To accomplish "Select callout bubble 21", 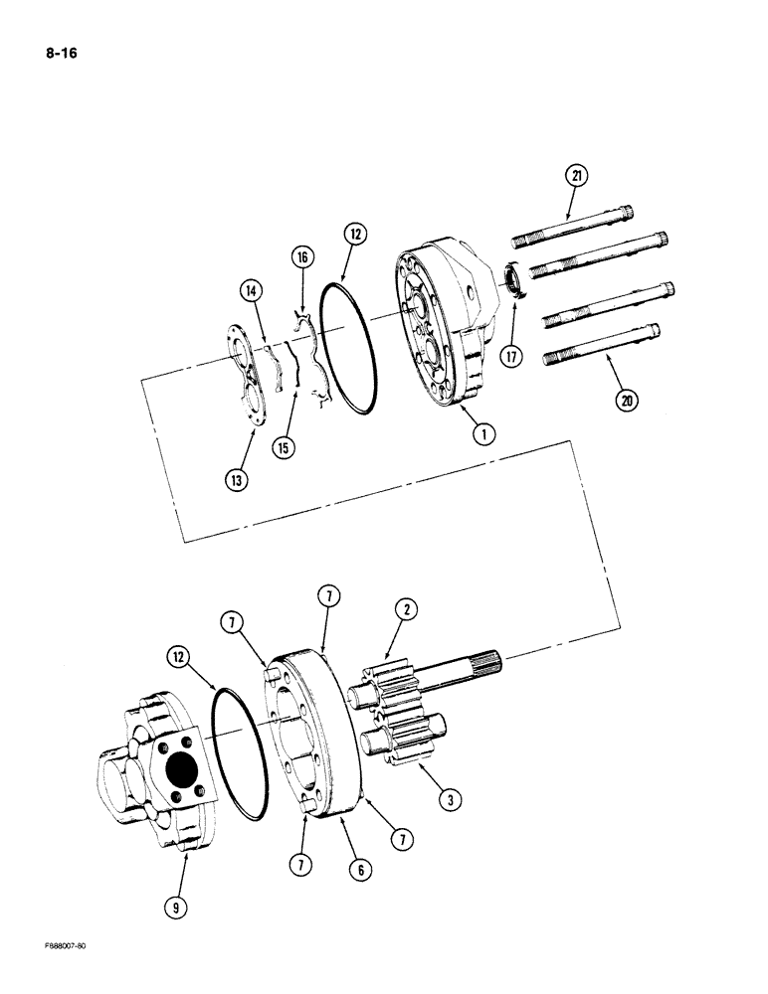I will [x=577, y=176].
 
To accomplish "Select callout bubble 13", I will [x=237, y=480].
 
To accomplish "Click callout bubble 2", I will [x=405, y=609].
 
